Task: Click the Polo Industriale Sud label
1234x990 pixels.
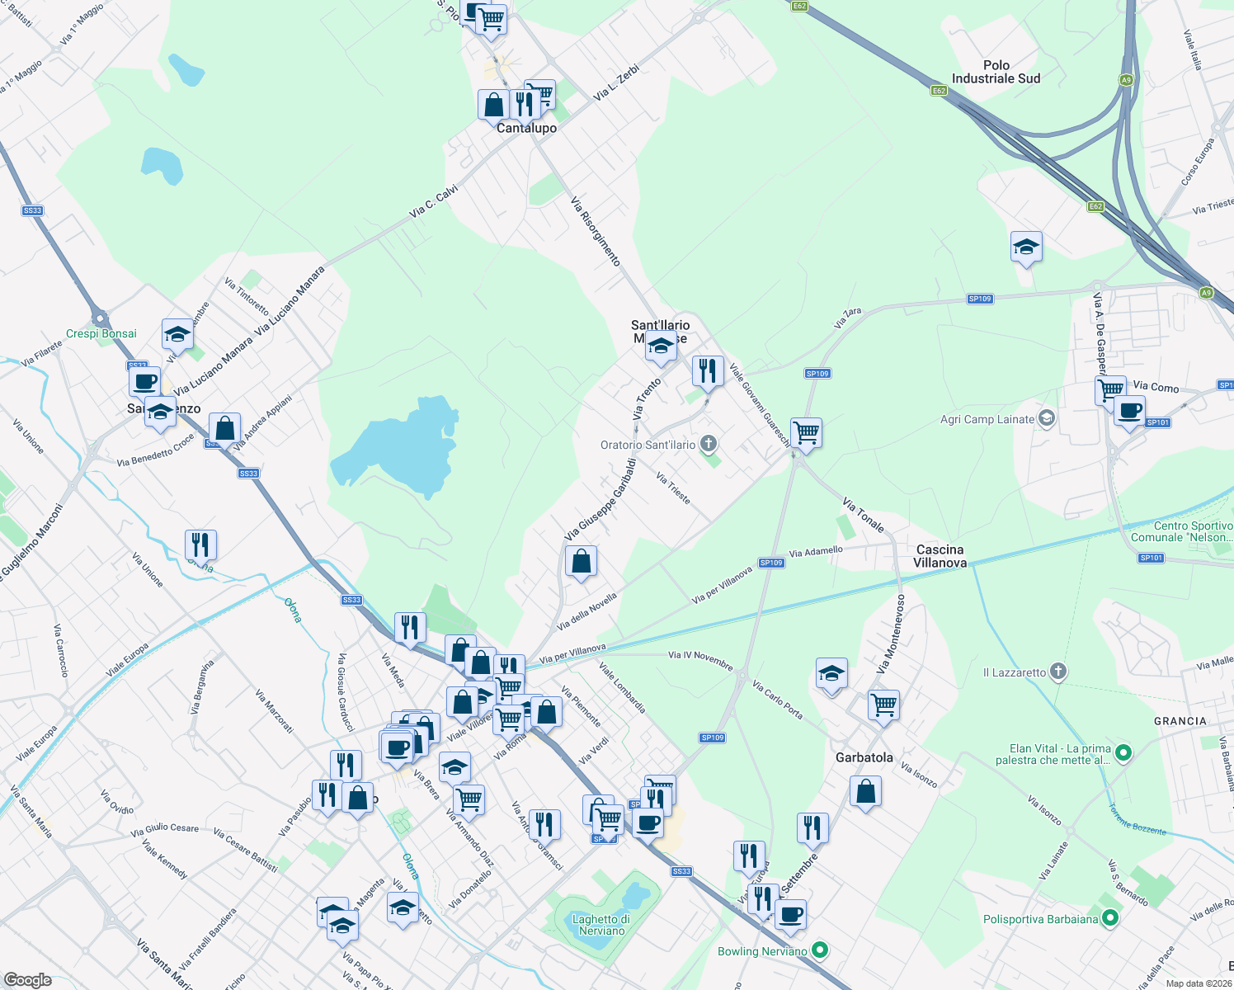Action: tap(996, 72)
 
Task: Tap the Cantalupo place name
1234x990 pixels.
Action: tap(526, 128)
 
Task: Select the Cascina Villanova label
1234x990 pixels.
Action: tap(940, 556)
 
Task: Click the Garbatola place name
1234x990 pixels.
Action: tap(864, 757)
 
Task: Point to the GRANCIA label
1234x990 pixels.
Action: tap(1180, 721)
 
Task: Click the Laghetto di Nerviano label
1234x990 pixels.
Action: tap(601, 925)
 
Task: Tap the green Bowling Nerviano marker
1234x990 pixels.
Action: tap(820, 950)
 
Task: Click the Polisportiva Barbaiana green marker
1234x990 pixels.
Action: tap(1110, 917)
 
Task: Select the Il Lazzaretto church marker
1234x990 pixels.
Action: tap(1058, 672)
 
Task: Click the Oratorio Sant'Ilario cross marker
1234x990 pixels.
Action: tap(708, 445)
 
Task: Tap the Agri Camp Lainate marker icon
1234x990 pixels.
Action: tap(1046, 418)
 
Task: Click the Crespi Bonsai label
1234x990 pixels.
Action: tap(101, 333)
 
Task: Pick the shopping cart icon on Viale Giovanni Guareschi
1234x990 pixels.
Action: tap(806, 431)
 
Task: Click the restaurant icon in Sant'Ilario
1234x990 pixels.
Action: tap(707, 370)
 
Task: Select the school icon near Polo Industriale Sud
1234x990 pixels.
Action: tap(1025, 247)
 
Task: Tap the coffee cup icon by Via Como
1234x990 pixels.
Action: tap(1129, 410)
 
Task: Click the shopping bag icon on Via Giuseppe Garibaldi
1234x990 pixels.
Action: tap(581, 562)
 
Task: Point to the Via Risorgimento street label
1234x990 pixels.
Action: tap(596, 231)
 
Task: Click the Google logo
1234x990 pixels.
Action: tap(28, 979)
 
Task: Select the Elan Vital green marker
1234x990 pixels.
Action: tap(1123, 753)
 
